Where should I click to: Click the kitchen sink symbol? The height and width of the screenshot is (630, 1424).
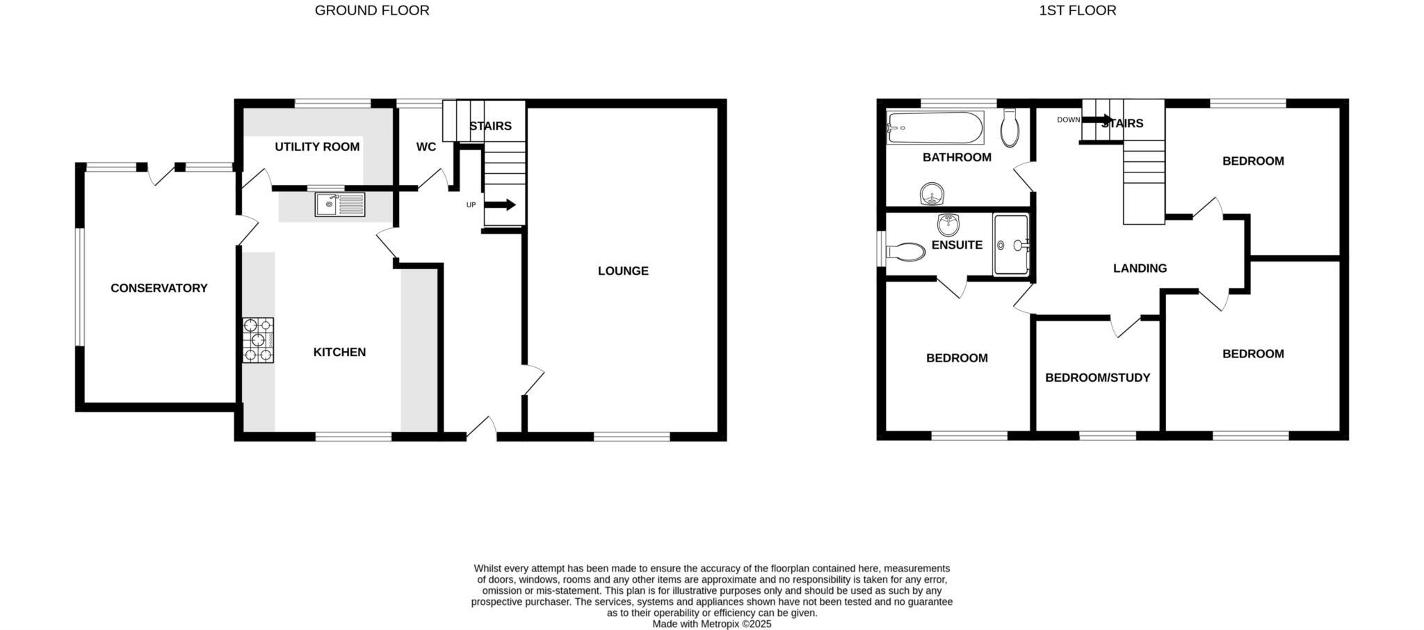coord(339,204)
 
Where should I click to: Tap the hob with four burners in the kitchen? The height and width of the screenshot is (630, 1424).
coord(258,340)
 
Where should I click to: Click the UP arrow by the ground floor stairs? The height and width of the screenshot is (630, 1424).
coord(499,204)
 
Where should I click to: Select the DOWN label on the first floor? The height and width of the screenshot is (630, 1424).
coord(1068,120)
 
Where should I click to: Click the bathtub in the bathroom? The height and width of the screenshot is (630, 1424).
coord(935,128)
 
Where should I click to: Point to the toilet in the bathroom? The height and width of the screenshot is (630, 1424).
coord(1010,127)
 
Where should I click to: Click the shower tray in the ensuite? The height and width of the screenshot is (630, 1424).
coord(1011,245)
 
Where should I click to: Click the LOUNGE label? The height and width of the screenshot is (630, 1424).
coord(623,271)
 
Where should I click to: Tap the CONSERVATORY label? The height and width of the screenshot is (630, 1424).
coord(159,288)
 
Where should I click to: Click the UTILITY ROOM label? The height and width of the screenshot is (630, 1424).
coord(317,147)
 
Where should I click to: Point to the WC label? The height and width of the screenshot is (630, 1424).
coord(426,147)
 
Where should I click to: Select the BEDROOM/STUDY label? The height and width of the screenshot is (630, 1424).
coord(1097,378)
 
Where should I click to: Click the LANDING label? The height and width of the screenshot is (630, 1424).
coord(1140,268)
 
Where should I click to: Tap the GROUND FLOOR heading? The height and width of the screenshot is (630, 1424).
coord(372,10)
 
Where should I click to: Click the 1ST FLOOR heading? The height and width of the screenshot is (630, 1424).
coord(1077,10)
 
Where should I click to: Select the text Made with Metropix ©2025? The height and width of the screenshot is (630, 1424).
coord(711,624)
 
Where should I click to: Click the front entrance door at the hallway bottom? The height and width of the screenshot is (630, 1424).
coord(482,429)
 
